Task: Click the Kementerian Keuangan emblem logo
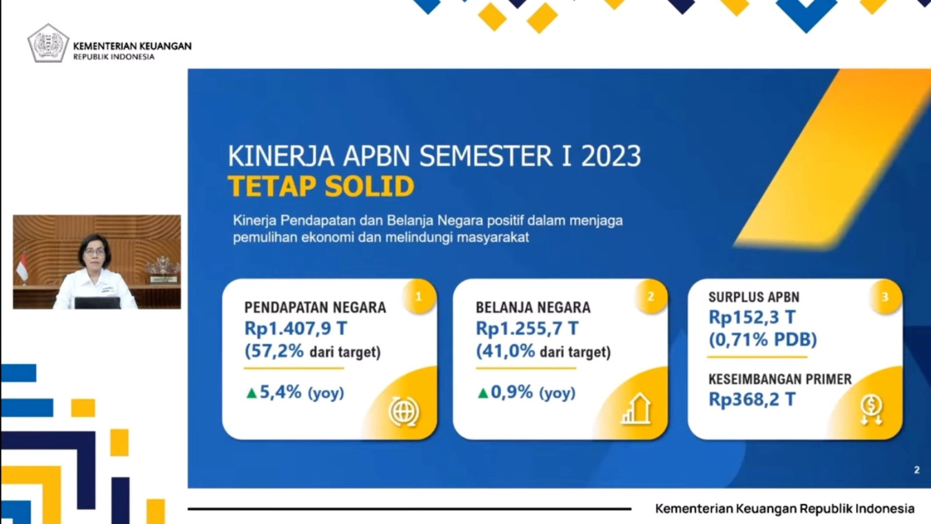pyautogui.click(x=48, y=43)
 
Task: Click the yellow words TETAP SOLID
pyautogui.click(x=321, y=186)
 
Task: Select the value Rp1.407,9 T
pyautogui.click(x=295, y=328)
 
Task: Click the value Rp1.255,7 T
pyautogui.click(x=527, y=328)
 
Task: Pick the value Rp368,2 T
pyautogui.click(x=752, y=399)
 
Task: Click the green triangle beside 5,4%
pyautogui.click(x=251, y=393)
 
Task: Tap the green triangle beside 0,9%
pyautogui.click(x=482, y=393)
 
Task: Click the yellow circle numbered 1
pyautogui.click(x=419, y=297)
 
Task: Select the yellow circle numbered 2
pyautogui.click(x=651, y=297)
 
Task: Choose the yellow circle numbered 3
pyautogui.click(x=885, y=297)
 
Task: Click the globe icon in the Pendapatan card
pyautogui.click(x=404, y=411)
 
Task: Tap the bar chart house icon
pyautogui.click(x=636, y=409)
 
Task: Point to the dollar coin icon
pyautogui.click(x=871, y=410)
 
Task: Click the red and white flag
pyautogui.click(x=22, y=266)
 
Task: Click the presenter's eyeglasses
pyautogui.click(x=95, y=251)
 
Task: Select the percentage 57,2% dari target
pyautogui.click(x=312, y=351)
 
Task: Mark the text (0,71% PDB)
pyautogui.click(x=763, y=340)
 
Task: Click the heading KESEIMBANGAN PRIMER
pyautogui.click(x=780, y=379)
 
